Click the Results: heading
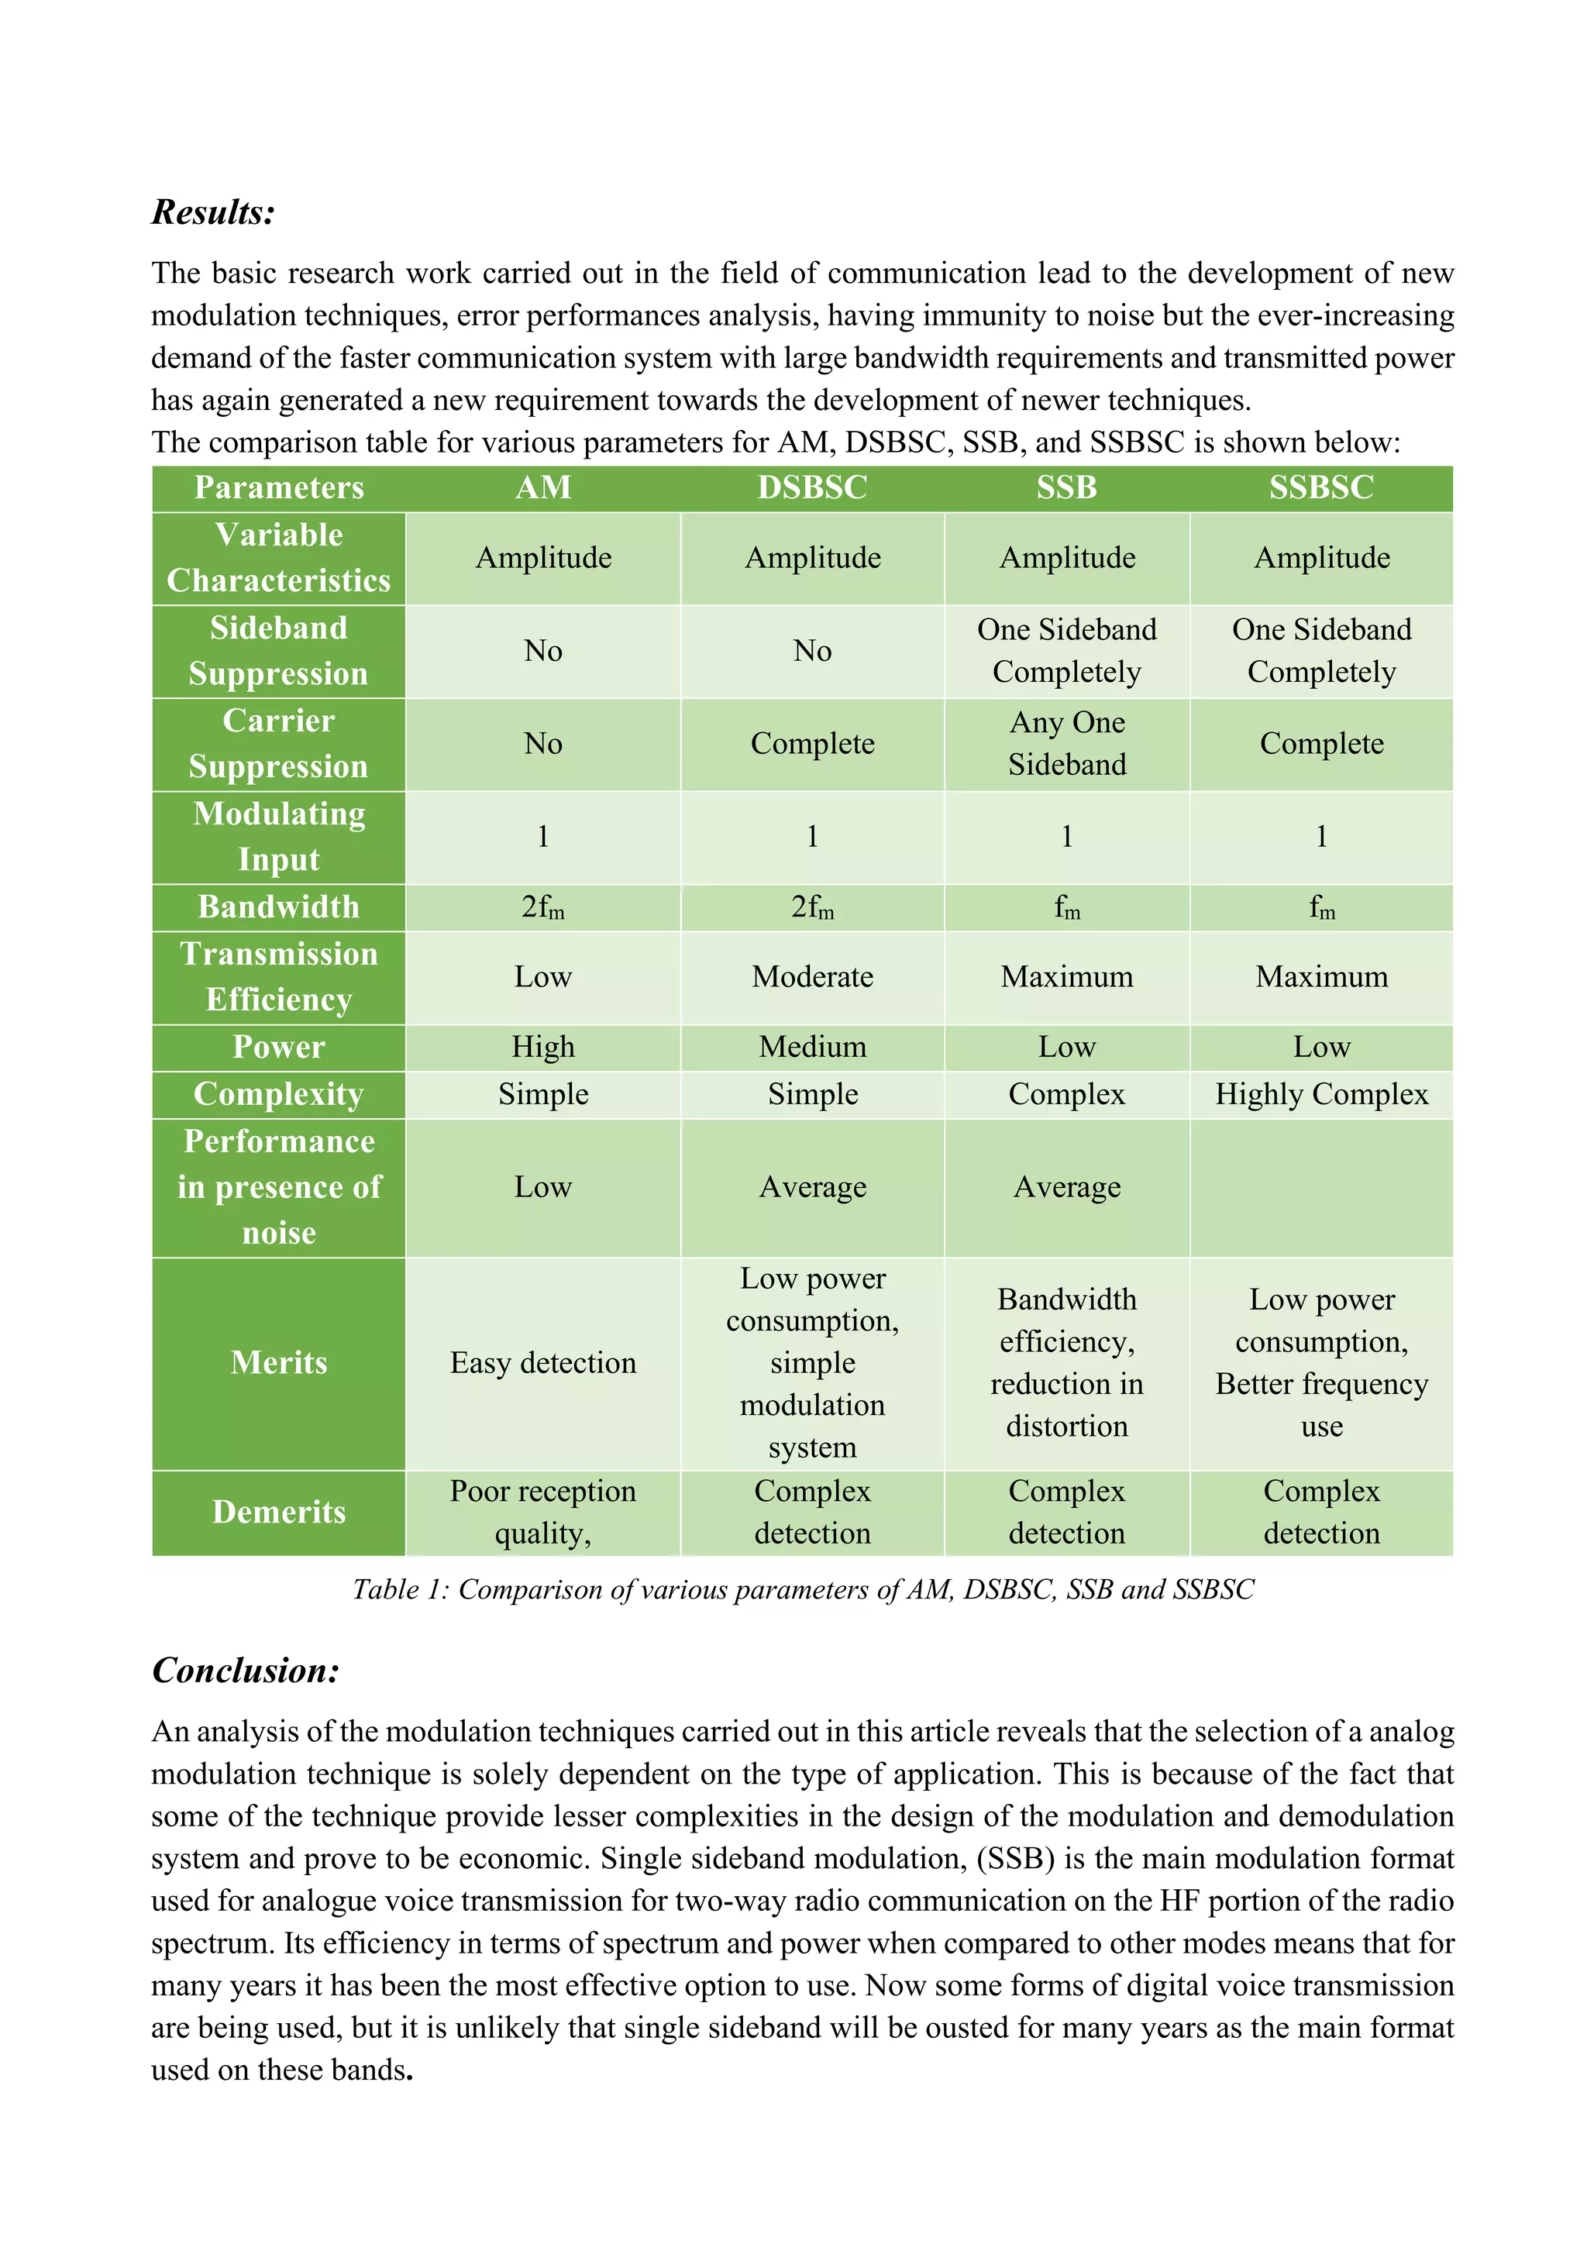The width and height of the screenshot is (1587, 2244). [213, 212]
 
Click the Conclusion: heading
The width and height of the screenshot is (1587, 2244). [246, 1671]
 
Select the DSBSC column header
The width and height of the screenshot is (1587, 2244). [812, 487]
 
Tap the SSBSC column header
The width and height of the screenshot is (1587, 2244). [1321, 487]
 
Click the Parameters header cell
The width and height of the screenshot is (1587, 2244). [278, 487]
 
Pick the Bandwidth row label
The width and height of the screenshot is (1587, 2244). [278, 907]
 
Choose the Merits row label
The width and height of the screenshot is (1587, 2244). [278, 1362]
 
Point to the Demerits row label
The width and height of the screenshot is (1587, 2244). [278, 1512]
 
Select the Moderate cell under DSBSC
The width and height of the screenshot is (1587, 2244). [812, 976]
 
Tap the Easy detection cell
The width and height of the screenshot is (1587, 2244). [542, 1362]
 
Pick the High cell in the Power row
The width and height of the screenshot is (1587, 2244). [542, 1047]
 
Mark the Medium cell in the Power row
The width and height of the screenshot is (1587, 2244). [812, 1047]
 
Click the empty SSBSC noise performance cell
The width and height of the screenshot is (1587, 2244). [1321, 1188]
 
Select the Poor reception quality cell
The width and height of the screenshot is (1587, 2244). [542, 1512]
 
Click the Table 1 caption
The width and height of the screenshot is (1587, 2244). [804, 1589]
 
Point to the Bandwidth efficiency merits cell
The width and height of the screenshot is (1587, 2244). [1066, 1362]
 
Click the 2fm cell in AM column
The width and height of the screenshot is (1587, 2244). [542, 907]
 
